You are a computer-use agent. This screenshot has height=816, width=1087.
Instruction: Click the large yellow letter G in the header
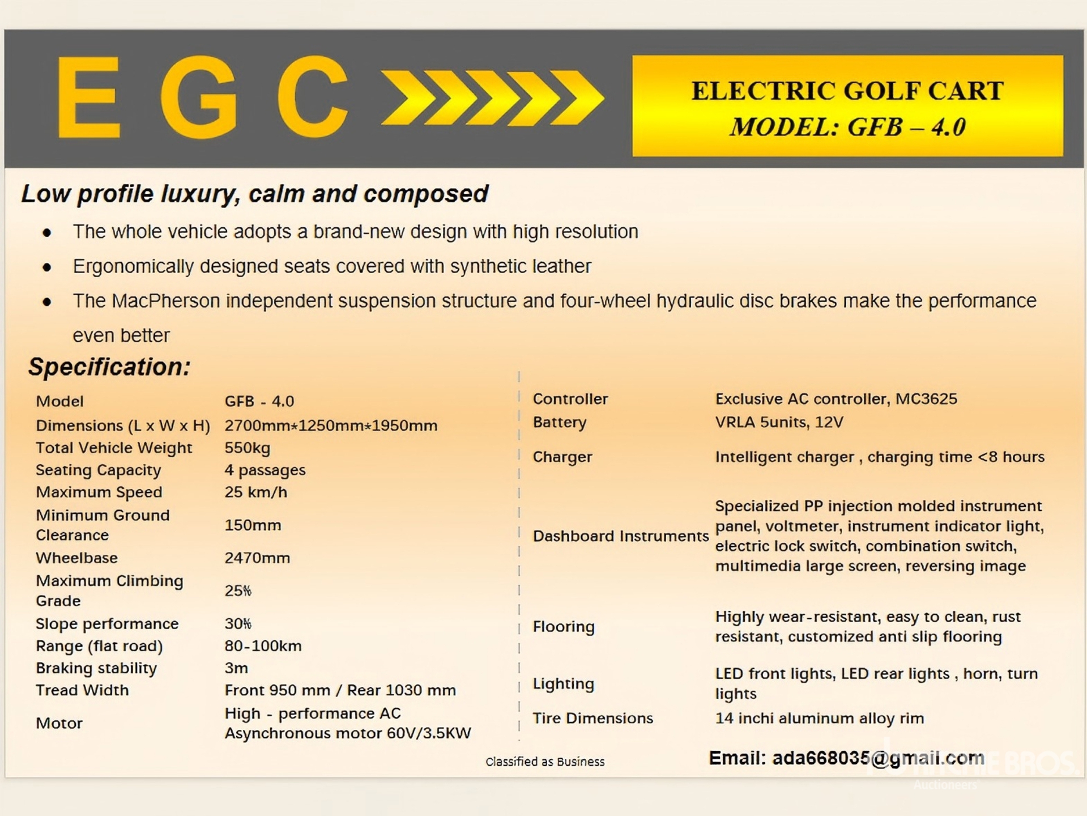tap(199, 97)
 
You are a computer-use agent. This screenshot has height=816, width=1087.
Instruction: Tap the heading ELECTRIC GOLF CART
tap(847, 91)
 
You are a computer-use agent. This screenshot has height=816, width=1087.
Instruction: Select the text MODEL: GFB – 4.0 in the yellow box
tap(847, 127)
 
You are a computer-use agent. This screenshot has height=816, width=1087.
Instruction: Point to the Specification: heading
tap(109, 367)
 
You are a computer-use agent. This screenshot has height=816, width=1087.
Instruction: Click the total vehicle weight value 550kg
tap(247, 448)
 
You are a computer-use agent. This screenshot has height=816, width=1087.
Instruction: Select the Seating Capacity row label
tap(98, 470)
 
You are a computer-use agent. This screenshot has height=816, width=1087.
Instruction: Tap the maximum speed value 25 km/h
tap(255, 492)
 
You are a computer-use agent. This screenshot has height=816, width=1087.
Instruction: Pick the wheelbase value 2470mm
tap(257, 558)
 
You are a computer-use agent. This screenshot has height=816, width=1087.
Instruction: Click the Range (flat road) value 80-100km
tap(263, 645)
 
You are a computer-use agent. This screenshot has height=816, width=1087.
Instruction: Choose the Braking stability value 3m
tap(236, 668)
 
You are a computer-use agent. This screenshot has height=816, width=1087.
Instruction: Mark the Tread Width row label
tap(82, 690)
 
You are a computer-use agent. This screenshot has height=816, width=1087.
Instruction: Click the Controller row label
tap(570, 398)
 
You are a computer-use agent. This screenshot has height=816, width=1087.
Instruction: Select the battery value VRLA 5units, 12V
tap(779, 422)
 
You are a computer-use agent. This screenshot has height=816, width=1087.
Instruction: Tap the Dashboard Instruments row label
tap(620, 535)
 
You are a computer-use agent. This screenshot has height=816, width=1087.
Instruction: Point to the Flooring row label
tap(564, 626)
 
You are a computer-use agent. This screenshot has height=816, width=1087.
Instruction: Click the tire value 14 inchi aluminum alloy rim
tap(819, 718)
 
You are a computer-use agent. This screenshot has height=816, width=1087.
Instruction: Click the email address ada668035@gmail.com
tap(877, 758)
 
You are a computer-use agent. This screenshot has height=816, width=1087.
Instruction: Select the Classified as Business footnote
tap(545, 762)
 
